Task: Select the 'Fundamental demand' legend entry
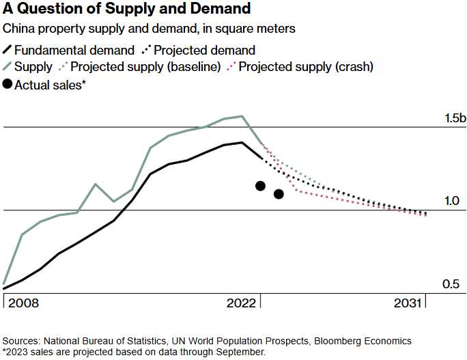click(x=74, y=50)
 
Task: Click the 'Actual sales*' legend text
click(x=54, y=84)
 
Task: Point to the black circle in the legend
click(x=9, y=84)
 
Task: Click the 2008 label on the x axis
click(x=23, y=303)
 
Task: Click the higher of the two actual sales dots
click(x=260, y=186)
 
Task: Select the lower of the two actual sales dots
click(x=279, y=194)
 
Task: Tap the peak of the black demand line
click(x=242, y=142)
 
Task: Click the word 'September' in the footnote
click(x=242, y=351)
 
